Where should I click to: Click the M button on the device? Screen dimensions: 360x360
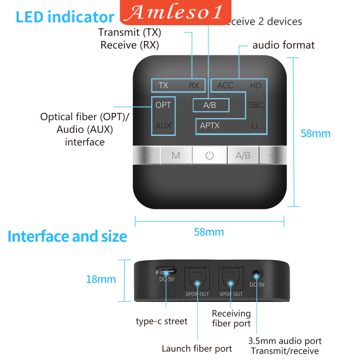(x=176, y=156)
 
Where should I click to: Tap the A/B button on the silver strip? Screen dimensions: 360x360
(x=243, y=156)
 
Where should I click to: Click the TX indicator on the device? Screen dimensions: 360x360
(x=163, y=85)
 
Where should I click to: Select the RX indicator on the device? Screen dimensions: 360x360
(x=194, y=85)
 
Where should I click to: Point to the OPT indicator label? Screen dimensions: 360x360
(x=163, y=105)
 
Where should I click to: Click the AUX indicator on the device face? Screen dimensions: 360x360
(x=163, y=126)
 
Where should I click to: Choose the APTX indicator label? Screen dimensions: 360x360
(x=210, y=126)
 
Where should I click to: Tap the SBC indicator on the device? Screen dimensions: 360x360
(x=256, y=105)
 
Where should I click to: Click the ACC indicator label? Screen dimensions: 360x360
(x=225, y=85)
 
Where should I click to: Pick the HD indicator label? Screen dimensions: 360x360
(x=256, y=85)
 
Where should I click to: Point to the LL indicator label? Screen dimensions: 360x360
(x=256, y=126)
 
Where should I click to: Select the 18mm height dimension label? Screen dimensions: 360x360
(x=101, y=279)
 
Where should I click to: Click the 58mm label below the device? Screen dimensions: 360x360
(x=209, y=232)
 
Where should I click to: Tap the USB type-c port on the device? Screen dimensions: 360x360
(x=166, y=272)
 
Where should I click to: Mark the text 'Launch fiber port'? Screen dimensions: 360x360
(x=197, y=348)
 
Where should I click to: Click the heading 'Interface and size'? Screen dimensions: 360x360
(x=67, y=236)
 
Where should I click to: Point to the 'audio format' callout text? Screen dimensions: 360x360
(x=283, y=45)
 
